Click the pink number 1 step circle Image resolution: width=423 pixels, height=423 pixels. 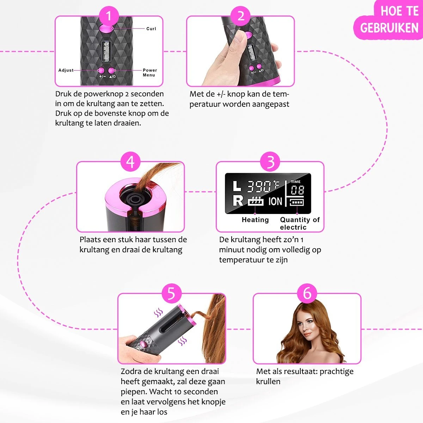pos(109,16)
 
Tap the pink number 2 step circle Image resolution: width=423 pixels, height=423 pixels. pos(241,16)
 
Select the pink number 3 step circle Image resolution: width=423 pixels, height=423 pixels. pos(270,162)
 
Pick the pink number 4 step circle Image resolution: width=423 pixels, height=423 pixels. pos(130,162)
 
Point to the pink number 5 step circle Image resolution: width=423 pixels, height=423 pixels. pos(172,294)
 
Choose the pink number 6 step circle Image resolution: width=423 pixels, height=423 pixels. pos(307,294)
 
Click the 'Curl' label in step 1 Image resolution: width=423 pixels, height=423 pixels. pos(151,29)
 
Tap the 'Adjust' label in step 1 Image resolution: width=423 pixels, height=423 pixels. pos(66,70)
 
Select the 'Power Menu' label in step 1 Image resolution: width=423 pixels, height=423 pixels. pos(150,73)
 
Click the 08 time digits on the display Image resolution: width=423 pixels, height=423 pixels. pos(298,190)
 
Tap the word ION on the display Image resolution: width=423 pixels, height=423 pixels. pos(275,201)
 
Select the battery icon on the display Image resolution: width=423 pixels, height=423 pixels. pos(296,202)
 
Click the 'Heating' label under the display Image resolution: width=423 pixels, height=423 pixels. pos(255,220)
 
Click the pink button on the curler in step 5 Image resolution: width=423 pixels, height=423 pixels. pos(143,344)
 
